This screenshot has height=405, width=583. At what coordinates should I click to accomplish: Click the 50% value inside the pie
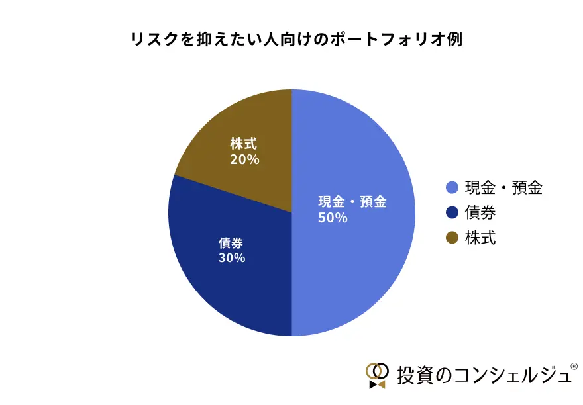(333, 218)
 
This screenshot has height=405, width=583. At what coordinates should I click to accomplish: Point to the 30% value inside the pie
(232, 257)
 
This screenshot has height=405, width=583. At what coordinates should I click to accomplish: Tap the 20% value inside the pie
(244, 159)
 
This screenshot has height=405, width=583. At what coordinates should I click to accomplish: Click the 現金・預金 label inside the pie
(352, 202)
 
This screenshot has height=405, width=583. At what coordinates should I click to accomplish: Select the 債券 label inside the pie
(232, 242)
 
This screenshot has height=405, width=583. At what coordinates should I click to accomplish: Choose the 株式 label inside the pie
(244, 144)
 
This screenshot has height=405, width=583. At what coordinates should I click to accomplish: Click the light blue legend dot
(453, 188)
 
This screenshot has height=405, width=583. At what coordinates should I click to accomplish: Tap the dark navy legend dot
(453, 213)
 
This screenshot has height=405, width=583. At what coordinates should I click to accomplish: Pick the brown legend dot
(453, 238)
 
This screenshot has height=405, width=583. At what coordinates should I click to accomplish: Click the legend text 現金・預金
(503, 188)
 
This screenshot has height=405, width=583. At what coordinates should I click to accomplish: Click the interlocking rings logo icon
(377, 375)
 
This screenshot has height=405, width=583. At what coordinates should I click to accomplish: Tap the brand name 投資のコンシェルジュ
(482, 375)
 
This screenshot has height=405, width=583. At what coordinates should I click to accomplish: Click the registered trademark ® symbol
(574, 365)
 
